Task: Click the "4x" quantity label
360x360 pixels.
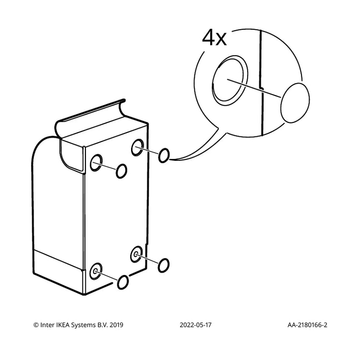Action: [214, 38]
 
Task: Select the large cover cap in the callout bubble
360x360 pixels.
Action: [295, 103]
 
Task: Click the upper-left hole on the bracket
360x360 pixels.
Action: [96, 163]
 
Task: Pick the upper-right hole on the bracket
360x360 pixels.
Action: [138, 147]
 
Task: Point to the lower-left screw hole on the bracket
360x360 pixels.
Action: [96, 271]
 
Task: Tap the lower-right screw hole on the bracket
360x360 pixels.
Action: [136, 254]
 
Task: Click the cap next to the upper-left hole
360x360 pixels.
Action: [121, 171]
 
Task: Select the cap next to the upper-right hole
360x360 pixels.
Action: [164, 155]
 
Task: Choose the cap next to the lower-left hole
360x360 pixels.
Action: [123, 282]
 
